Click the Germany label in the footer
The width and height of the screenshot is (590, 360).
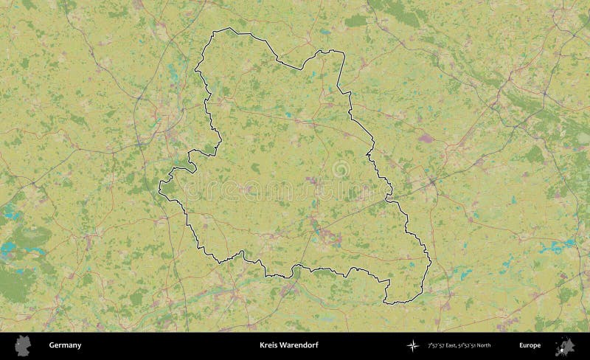65,345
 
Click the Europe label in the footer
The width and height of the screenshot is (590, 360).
530,345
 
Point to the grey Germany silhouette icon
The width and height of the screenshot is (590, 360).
24,345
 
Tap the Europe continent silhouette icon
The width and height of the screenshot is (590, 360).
566,345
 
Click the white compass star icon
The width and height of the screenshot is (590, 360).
412,345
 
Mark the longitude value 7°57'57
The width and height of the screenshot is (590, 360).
435,345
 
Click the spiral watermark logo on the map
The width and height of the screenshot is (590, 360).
341,170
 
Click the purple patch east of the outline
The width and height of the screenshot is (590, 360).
426,137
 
